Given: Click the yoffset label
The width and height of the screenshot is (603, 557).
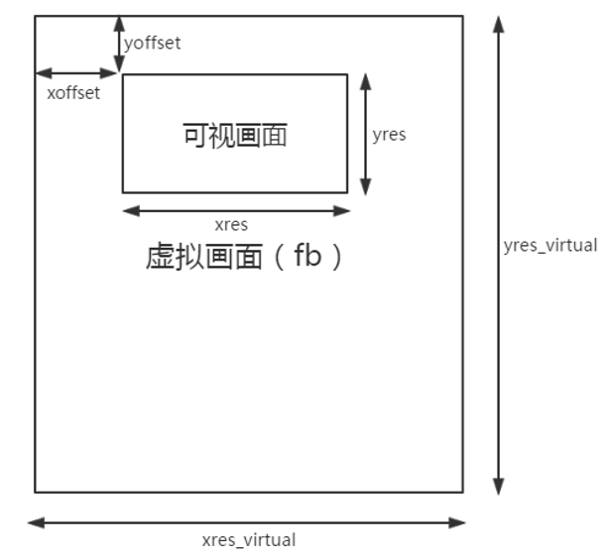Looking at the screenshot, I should click(152, 43).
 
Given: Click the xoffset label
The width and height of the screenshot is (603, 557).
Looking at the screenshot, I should click(73, 93).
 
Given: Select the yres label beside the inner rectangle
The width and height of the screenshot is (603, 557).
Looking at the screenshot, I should click(389, 135).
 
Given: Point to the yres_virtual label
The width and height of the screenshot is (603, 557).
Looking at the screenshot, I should click(550, 245).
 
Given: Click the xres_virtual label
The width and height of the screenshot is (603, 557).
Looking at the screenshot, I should click(248, 540).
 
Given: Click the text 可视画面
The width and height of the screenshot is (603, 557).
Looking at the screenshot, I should click(235, 135).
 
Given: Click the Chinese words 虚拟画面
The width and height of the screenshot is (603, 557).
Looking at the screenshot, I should click(203, 257).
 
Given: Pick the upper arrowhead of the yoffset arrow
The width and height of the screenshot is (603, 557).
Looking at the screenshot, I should click(119, 22).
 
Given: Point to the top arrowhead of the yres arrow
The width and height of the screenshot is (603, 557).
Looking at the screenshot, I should click(366, 80).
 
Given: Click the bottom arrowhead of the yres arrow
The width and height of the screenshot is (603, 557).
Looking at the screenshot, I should click(366, 187).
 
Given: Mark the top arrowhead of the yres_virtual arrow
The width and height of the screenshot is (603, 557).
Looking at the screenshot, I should click(498, 23).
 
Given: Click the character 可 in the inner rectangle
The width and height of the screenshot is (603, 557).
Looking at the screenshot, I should click(195, 135).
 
